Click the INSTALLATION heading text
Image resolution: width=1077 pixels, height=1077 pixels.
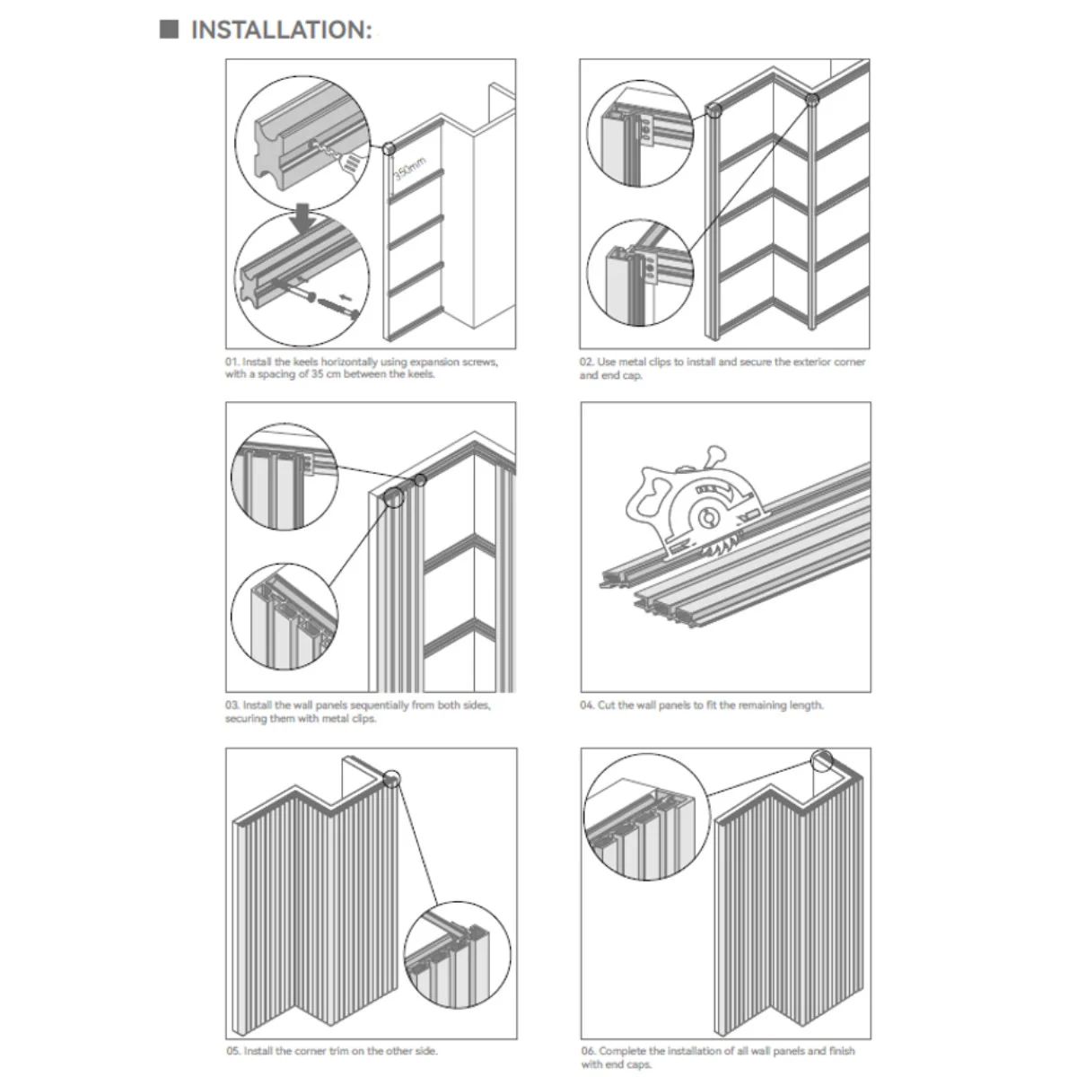pyautogui.click(x=281, y=30)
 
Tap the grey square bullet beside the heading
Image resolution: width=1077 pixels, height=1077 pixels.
pyautogui.click(x=169, y=29)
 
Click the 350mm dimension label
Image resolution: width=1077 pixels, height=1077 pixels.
pyautogui.click(x=409, y=168)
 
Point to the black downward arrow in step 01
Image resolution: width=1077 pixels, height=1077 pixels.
pyautogui.click(x=304, y=219)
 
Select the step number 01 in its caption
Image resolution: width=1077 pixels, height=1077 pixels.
pyautogui.click(x=232, y=362)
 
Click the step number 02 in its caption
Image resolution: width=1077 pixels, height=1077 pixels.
pyautogui.click(x=586, y=362)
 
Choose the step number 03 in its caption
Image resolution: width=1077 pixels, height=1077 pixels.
pyautogui.click(x=232, y=705)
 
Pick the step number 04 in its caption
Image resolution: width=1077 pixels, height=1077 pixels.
pyautogui.click(x=587, y=705)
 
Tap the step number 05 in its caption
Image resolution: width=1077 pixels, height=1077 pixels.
pyautogui.click(x=233, y=1051)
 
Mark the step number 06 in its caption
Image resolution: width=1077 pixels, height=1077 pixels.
pyautogui.click(x=588, y=1051)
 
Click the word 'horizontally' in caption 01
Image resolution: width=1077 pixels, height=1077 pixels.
pyautogui.click(x=348, y=363)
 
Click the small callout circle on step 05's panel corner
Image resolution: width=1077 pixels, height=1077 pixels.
pyautogui.click(x=392, y=778)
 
